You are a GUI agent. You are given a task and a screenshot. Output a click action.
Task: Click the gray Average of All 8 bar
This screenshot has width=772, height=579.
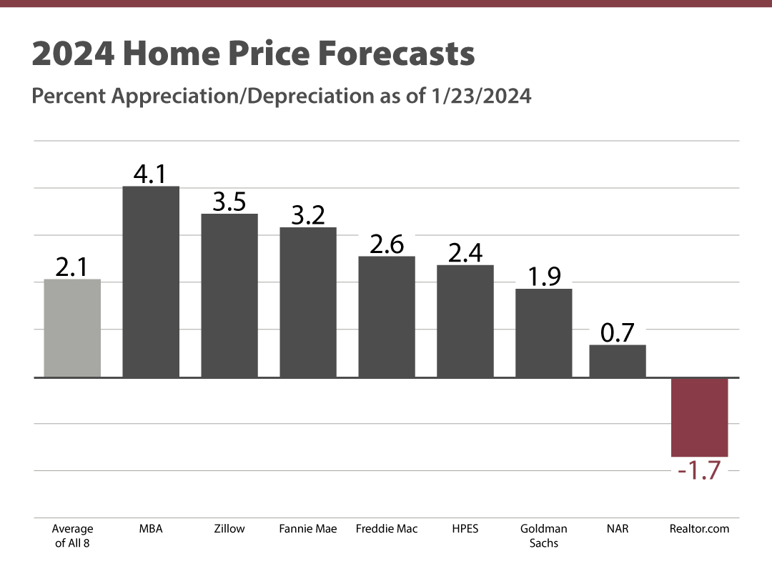(x=72, y=328)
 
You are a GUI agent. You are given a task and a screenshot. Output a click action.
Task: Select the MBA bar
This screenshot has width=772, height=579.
(x=151, y=282)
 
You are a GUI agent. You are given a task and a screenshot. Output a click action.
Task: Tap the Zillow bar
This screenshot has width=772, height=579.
(x=229, y=295)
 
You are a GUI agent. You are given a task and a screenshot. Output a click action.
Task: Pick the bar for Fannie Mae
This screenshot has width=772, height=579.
(x=308, y=302)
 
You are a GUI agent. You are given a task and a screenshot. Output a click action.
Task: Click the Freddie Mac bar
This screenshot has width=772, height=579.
(x=387, y=316)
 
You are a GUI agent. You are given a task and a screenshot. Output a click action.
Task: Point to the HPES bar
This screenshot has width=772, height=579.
(x=465, y=321)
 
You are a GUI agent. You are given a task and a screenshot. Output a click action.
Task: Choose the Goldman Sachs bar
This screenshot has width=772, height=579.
(x=544, y=332)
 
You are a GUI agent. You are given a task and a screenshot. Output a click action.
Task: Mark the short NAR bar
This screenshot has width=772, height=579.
(x=618, y=361)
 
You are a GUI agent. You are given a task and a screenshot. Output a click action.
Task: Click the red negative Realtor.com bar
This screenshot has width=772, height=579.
(x=699, y=417)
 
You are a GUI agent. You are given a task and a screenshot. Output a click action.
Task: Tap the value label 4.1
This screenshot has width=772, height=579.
(x=151, y=174)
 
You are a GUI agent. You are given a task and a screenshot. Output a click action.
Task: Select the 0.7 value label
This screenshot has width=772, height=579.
(x=618, y=333)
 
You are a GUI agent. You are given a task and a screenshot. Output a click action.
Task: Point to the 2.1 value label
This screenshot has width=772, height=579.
(x=72, y=267)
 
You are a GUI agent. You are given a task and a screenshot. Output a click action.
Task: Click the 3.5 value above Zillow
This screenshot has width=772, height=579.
(x=229, y=202)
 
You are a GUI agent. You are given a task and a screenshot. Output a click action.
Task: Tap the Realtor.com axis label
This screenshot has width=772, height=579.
(x=699, y=529)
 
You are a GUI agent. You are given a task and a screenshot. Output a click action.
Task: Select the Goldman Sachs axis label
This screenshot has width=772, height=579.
(x=544, y=535)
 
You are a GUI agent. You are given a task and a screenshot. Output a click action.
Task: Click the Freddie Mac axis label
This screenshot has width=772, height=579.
(x=387, y=529)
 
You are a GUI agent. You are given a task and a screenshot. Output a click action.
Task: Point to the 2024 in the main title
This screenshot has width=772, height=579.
(x=71, y=55)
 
